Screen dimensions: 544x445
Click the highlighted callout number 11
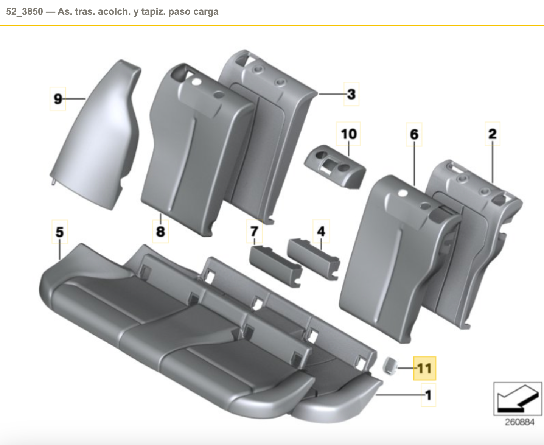click(424, 368)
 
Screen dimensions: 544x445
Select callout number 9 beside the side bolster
click(58, 99)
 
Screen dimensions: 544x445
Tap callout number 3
click(351, 94)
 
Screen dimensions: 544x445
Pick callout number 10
click(348, 134)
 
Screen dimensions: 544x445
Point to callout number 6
click(414, 134)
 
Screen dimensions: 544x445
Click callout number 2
click(493, 134)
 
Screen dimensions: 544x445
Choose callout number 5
click(60, 232)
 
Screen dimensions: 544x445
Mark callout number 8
click(160, 231)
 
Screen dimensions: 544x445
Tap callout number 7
click(254, 231)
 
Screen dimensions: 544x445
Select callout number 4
click(321, 231)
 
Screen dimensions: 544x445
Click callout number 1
click(428, 395)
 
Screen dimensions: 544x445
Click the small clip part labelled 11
click(389, 366)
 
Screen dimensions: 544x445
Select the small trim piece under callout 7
click(275, 266)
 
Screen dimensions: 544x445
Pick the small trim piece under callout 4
click(314, 259)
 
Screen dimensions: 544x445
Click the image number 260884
click(519, 422)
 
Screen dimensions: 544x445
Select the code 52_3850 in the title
click(25, 12)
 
